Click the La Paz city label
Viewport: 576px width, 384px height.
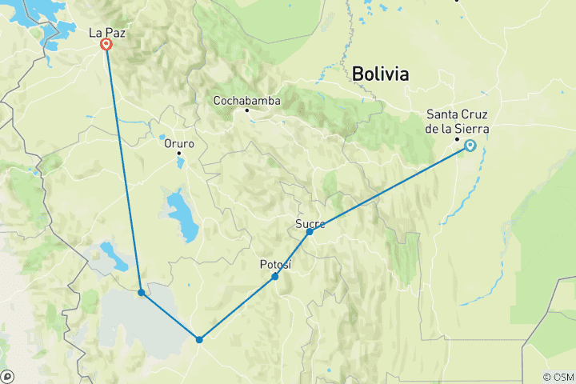coord(106,33)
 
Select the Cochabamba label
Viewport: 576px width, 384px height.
coord(246,101)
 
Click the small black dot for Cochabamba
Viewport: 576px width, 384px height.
coord(247,110)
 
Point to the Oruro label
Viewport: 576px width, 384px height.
coord(179,144)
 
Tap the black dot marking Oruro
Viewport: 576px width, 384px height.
coord(179,153)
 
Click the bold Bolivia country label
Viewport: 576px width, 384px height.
coord(380,74)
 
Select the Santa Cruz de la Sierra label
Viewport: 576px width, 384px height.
coord(458,120)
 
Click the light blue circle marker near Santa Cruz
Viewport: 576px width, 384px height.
coord(470,146)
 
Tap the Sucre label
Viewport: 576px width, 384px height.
coord(310,222)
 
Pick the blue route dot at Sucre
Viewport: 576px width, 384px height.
coord(310,231)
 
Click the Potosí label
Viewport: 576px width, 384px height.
coord(275,264)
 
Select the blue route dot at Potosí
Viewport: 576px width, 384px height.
coord(275,277)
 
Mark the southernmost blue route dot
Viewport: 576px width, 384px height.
coord(199,339)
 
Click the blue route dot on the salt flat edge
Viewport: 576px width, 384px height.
coord(141,292)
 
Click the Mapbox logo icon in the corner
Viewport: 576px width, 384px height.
coord(8,376)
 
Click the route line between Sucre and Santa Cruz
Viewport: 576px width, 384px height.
coord(390,189)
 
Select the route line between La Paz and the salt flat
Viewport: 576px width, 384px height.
coord(123,168)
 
